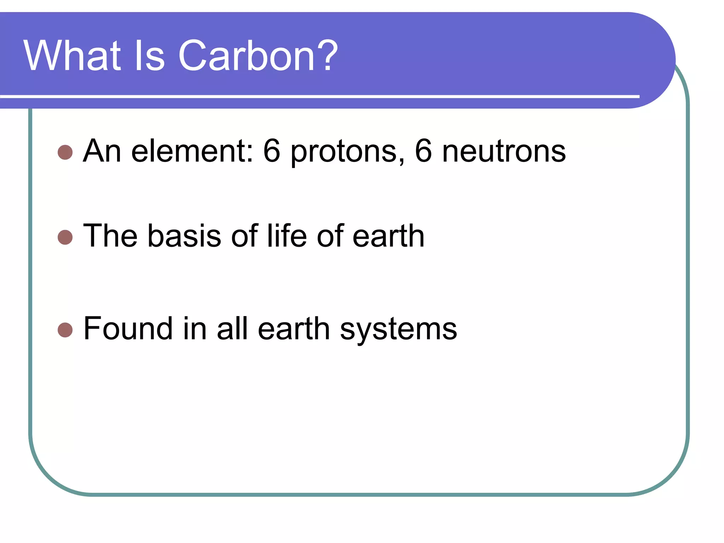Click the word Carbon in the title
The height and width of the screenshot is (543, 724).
[246, 56]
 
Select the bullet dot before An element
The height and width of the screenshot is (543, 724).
[65, 152]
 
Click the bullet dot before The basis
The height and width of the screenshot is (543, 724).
[65, 237]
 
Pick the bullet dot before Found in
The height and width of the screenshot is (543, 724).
[65, 330]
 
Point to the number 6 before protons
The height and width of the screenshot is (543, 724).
[272, 151]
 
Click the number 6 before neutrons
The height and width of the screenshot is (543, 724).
[423, 151]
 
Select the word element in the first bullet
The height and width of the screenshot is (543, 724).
[192, 151]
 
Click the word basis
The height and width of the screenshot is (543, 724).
[184, 236]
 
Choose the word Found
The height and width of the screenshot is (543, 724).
[128, 328]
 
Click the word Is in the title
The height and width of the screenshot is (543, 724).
[149, 56]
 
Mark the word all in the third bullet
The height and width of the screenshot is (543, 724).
[232, 328]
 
